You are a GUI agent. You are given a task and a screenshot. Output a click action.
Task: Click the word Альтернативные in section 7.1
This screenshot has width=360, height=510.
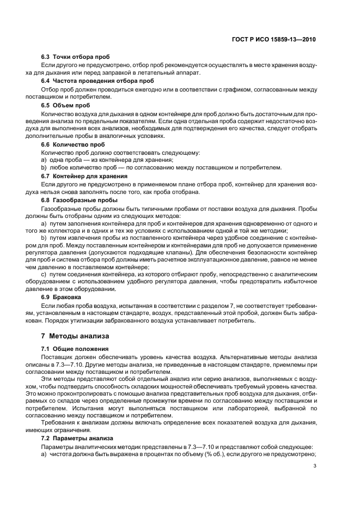[x=235, y=356]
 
